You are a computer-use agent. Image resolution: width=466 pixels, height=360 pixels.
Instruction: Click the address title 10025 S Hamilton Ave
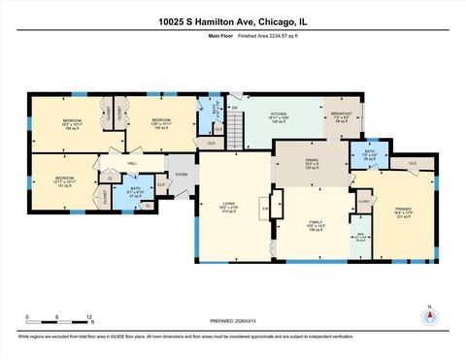[x=232, y=20]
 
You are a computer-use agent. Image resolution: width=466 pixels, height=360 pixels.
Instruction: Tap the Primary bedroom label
[x=404, y=213]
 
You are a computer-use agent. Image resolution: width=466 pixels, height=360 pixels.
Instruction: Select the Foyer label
[x=181, y=175]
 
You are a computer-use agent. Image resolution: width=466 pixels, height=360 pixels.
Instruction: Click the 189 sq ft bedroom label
[x=75, y=124]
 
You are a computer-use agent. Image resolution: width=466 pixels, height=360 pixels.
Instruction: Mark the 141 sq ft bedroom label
[x=64, y=181]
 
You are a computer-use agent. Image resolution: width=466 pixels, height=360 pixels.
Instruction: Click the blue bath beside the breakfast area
[x=369, y=154]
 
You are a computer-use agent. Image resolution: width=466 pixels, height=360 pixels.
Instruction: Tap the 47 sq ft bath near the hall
[x=135, y=192]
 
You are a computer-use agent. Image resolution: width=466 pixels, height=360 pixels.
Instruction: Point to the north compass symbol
[x=428, y=316]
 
